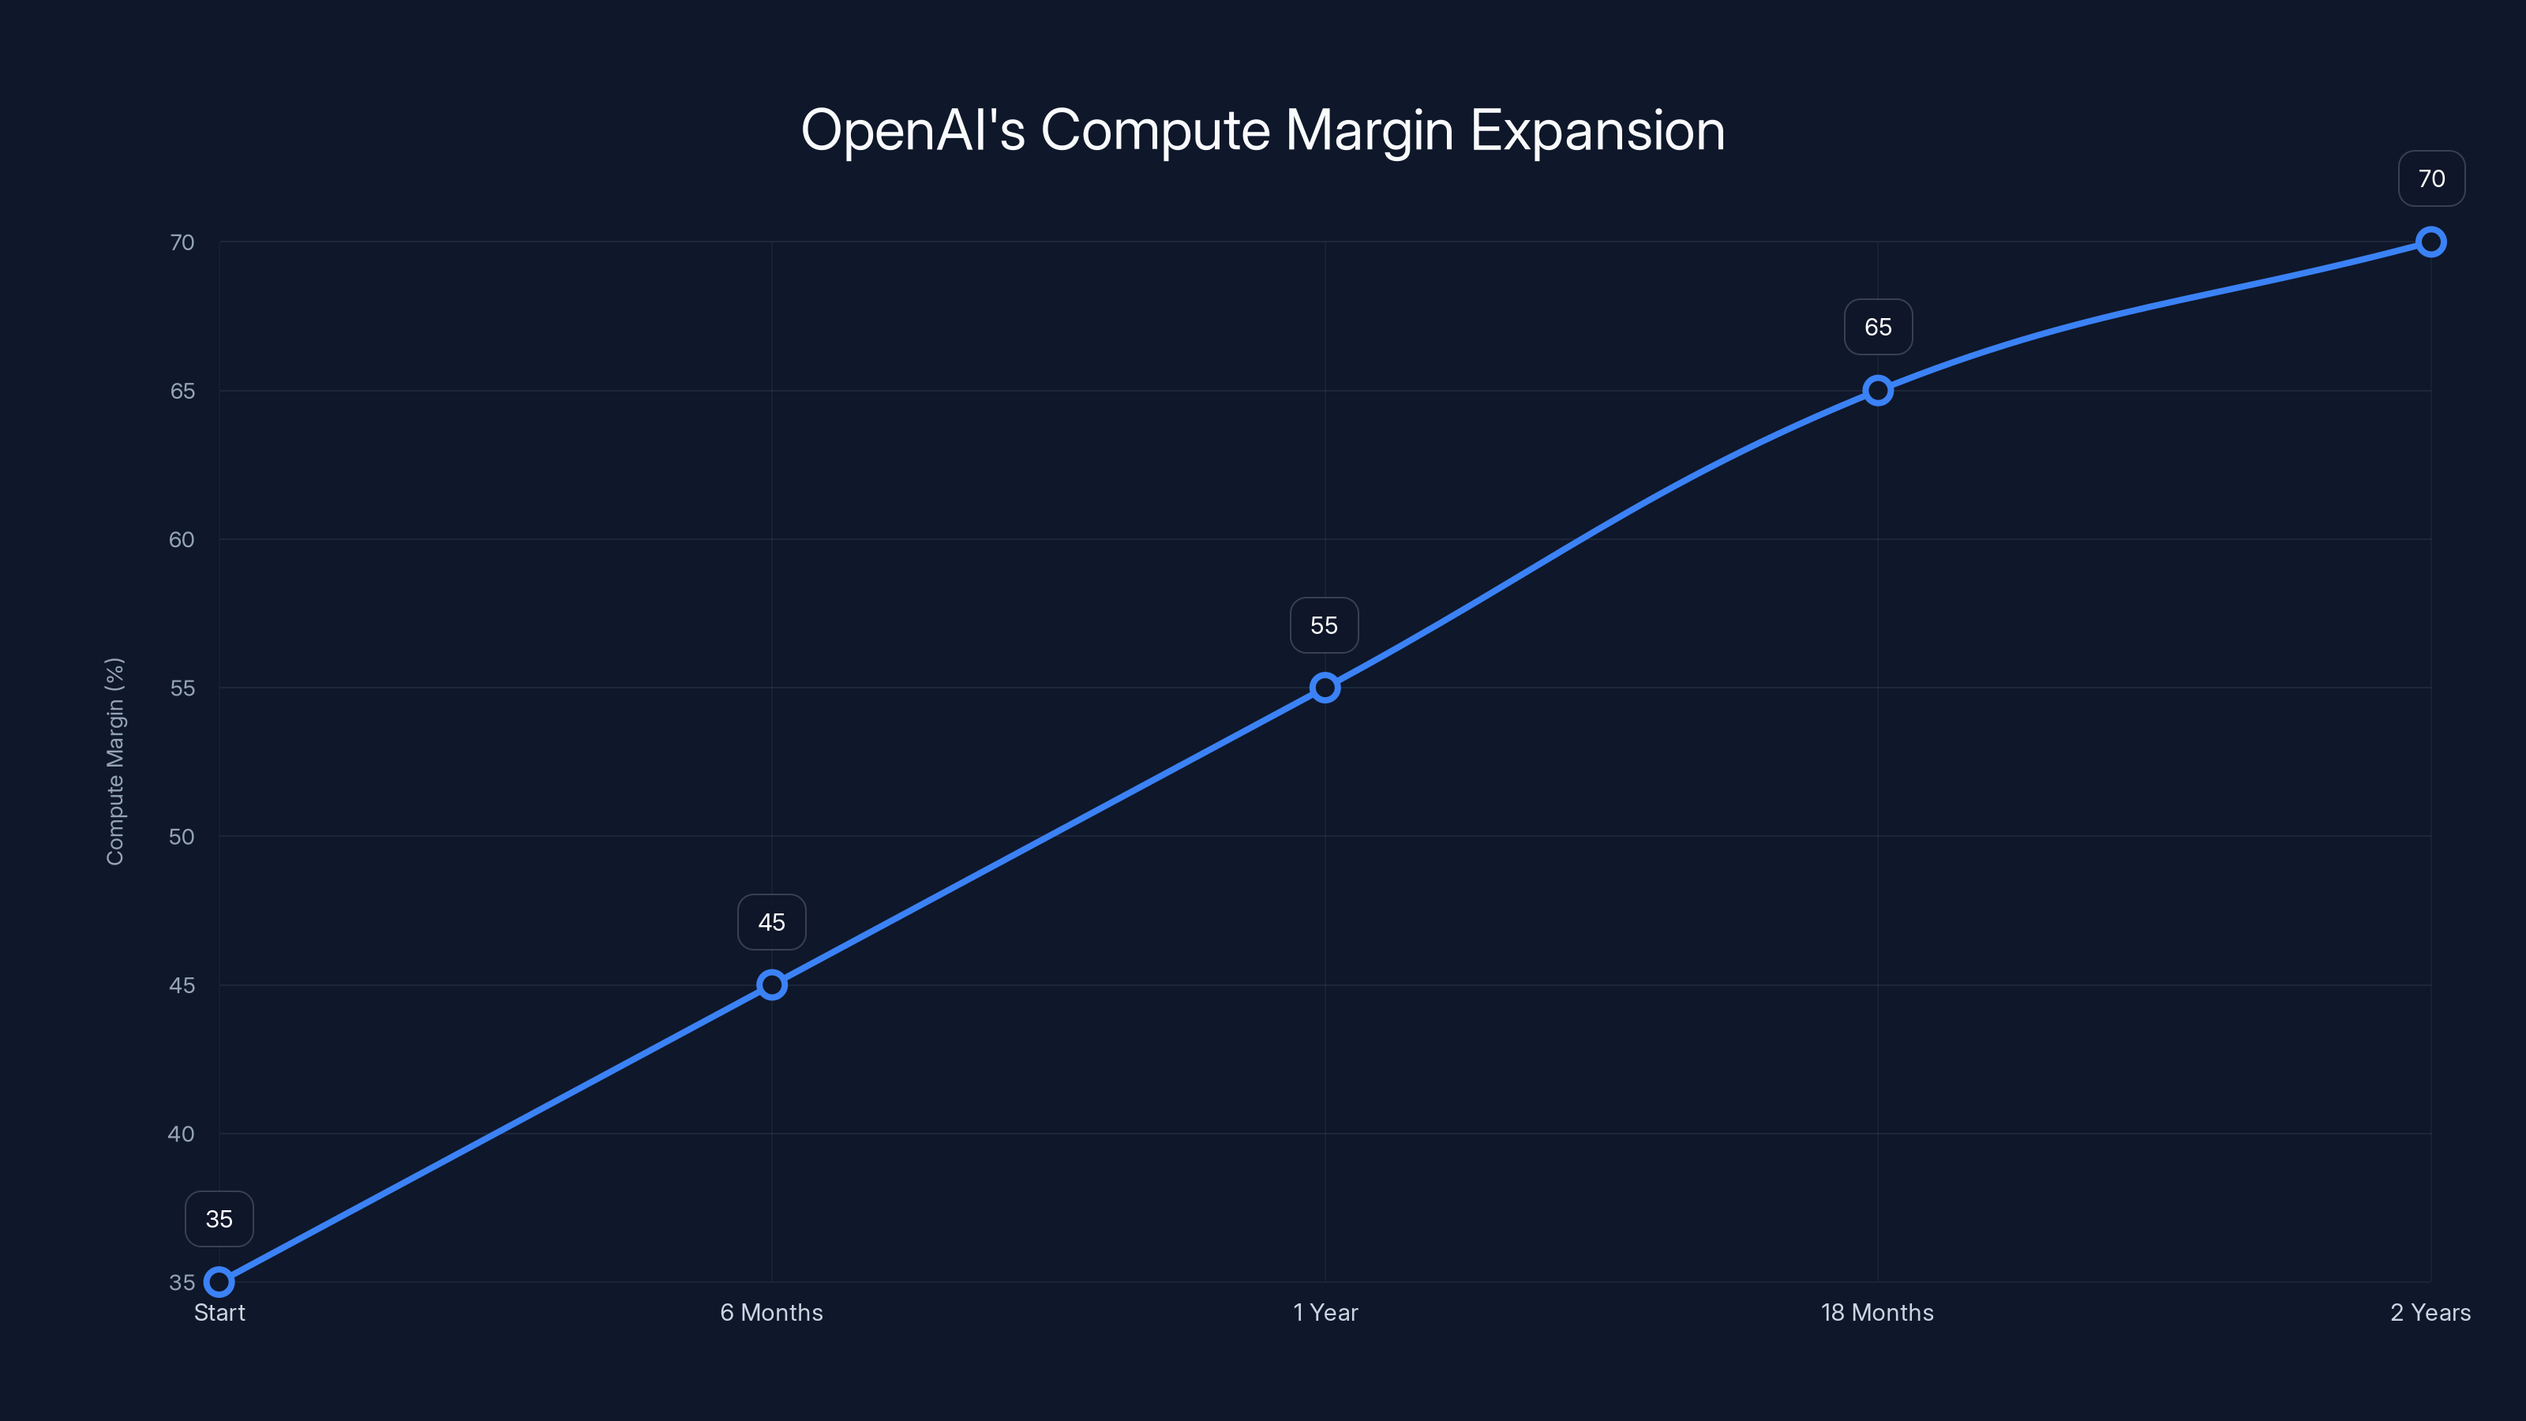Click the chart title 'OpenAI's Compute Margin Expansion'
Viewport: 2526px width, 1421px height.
[1262, 130]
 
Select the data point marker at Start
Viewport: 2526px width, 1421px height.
[219, 1282]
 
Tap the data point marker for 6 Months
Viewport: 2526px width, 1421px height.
[772, 984]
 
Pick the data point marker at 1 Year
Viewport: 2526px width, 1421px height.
[1325, 688]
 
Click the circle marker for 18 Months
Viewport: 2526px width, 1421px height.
[1878, 390]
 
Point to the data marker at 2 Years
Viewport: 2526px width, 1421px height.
[2431, 242]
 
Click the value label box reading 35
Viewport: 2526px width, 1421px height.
[219, 1219]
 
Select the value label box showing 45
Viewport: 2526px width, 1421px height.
[772, 922]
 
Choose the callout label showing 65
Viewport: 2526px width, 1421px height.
[1878, 328]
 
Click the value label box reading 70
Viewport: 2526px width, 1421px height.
[2431, 178]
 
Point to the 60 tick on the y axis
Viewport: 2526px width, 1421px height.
[182, 539]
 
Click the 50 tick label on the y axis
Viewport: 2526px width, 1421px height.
[182, 837]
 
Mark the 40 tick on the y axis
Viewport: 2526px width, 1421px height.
[182, 1134]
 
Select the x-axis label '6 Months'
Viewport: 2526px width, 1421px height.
[772, 1312]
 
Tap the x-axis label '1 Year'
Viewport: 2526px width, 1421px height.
[1325, 1312]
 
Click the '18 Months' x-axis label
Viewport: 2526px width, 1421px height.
[1877, 1312]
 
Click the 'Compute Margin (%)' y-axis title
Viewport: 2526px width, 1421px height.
[114, 761]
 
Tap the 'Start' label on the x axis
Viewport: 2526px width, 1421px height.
[219, 1312]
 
